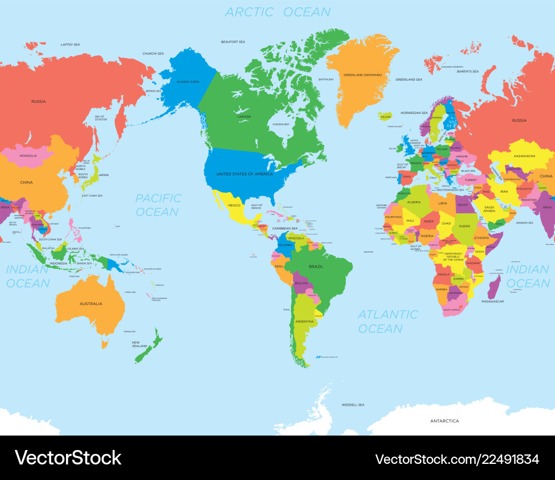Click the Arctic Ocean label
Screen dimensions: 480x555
point(277,12)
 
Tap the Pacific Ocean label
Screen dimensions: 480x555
point(158,204)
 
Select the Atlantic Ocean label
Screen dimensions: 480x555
point(387,321)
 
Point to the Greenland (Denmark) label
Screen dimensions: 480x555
point(362,74)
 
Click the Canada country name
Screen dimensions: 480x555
point(244,117)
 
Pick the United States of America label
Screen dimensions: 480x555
point(244,174)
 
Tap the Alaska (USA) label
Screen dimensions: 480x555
point(188,82)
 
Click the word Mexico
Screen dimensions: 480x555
point(235,206)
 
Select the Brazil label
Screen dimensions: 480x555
point(316,267)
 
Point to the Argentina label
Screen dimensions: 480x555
point(304,322)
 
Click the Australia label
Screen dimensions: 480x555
point(90,303)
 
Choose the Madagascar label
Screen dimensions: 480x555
point(492,301)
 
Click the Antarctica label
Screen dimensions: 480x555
point(445,421)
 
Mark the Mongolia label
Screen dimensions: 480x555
point(28,156)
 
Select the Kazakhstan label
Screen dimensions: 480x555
point(523,156)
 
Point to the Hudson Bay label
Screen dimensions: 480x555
point(281,124)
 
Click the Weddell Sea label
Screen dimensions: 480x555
point(352,404)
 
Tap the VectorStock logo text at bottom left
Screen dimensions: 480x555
point(68,458)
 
